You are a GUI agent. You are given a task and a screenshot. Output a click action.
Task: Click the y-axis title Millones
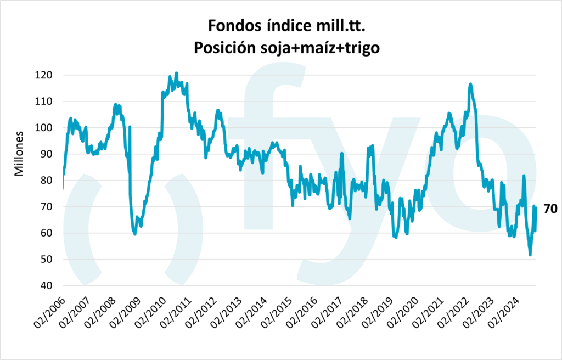[x=20, y=153]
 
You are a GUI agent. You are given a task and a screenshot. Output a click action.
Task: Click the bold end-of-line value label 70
[x=550, y=209]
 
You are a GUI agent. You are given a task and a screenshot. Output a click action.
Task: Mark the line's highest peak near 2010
[x=176, y=73]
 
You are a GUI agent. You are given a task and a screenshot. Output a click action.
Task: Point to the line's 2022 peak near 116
[x=470, y=84]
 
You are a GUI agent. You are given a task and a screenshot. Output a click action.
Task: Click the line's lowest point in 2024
[x=530, y=255]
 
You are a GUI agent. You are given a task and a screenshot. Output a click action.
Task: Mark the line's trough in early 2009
[x=134, y=234]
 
